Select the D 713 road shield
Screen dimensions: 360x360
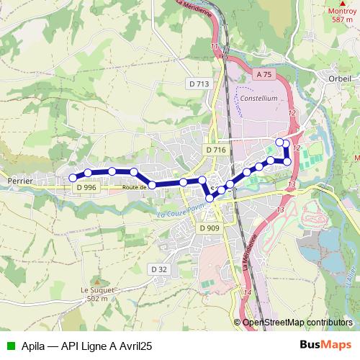tap(199, 84)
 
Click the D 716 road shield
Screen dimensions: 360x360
tap(215, 150)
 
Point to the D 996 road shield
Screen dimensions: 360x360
tap(86, 187)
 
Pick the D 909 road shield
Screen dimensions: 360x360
tap(209, 228)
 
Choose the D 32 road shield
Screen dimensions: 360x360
tap(159, 269)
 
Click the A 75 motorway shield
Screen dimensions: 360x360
tap(265, 74)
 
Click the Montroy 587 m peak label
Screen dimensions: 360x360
tap(343, 15)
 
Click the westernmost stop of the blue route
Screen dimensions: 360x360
tap(72, 178)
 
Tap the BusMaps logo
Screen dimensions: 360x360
tap(325, 346)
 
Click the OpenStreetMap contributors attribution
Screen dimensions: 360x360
tap(299, 323)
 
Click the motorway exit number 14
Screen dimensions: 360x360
tap(247, 292)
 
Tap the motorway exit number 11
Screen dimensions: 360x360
tap(215, 47)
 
